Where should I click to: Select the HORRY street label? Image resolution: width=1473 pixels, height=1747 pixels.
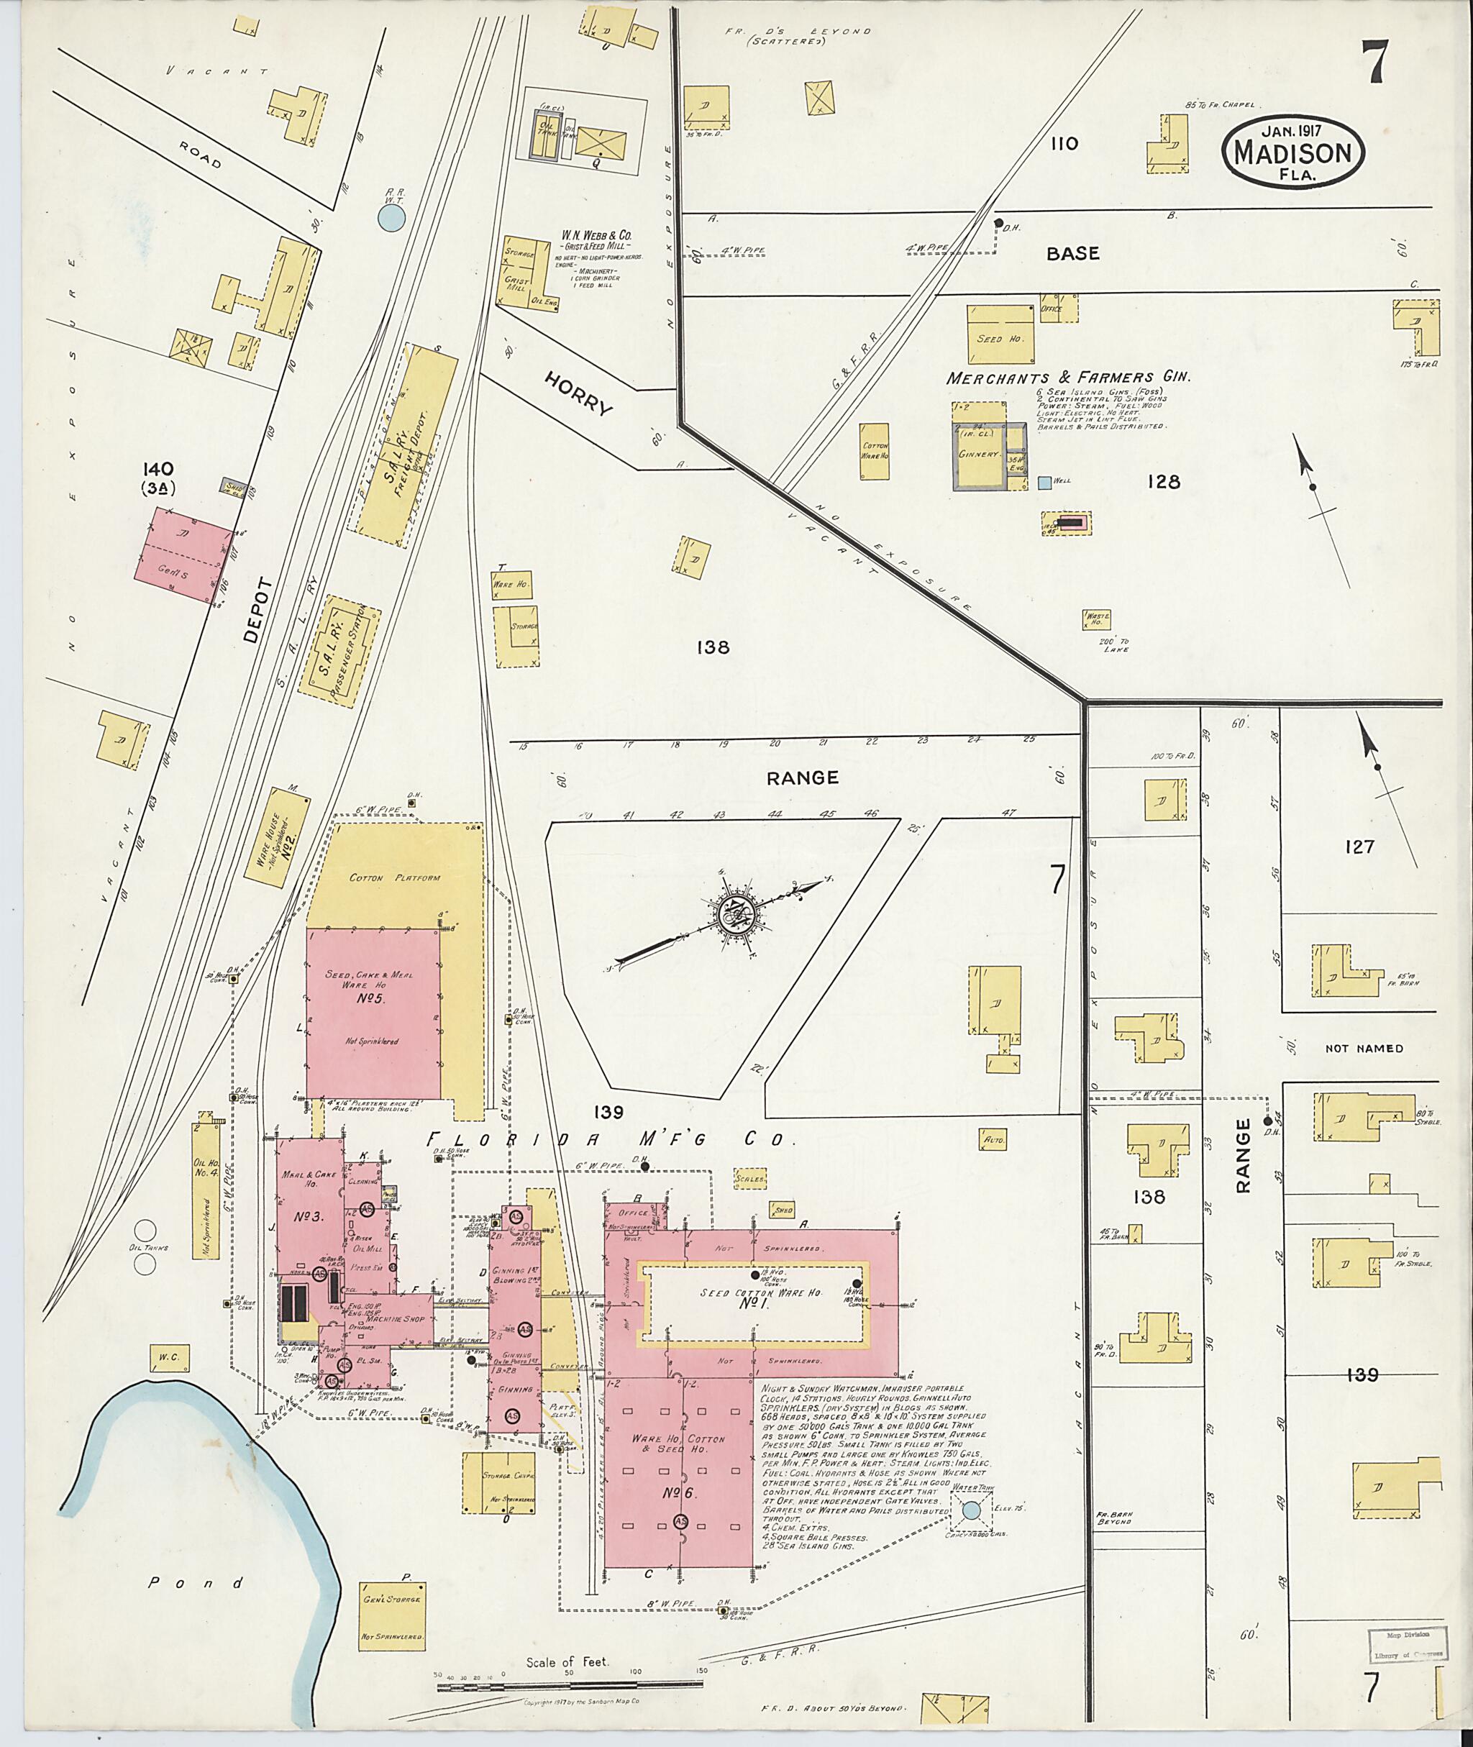(579, 393)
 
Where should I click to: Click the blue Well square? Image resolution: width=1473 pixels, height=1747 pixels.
(1044, 483)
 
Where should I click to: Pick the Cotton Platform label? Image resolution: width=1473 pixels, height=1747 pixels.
(394, 877)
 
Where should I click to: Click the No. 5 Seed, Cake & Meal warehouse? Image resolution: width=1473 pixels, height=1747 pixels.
(373, 1012)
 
